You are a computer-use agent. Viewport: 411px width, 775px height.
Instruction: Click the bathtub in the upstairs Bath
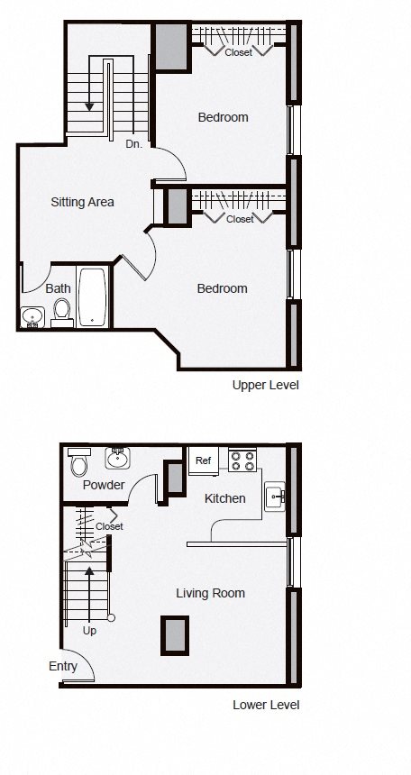pyautogui.click(x=93, y=297)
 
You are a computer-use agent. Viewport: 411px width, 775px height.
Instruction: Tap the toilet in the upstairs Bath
pyautogui.click(x=62, y=314)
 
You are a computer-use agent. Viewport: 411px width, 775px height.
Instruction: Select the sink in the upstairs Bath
pyautogui.click(x=32, y=317)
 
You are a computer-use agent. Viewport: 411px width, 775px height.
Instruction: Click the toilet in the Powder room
pyautogui.click(x=79, y=461)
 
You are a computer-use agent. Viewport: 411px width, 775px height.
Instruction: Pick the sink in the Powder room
pyautogui.click(x=118, y=458)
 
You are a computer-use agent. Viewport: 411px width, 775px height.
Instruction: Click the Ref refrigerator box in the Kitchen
pyautogui.click(x=204, y=461)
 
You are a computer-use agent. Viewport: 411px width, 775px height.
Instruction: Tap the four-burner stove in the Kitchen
pyautogui.click(x=242, y=460)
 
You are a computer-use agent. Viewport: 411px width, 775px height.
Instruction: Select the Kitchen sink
pyautogui.click(x=275, y=497)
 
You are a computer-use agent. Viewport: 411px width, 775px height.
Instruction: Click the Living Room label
pyautogui.click(x=211, y=593)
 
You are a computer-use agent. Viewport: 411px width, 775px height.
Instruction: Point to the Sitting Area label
pyautogui.click(x=83, y=202)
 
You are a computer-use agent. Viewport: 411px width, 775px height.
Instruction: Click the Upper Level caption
pyautogui.click(x=266, y=385)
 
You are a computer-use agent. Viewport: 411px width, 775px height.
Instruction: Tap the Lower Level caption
pyautogui.click(x=266, y=705)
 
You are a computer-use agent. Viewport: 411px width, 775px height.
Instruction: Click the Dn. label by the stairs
pyautogui.click(x=134, y=144)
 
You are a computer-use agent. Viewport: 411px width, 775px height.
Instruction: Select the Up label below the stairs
pyautogui.click(x=89, y=631)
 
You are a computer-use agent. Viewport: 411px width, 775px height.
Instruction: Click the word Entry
pyautogui.click(x=63, y=667)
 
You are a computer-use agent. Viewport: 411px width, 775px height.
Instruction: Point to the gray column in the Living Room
pyautogui.click(x=175, y=635)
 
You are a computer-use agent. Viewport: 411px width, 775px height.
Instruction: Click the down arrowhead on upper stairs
pyautogui.click(x=89, y=106)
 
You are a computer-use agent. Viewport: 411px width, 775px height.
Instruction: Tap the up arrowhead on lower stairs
pyautogui.click(x=89, y=571)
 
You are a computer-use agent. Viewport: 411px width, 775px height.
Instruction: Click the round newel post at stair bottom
pyautogui.click(x=111, y=618)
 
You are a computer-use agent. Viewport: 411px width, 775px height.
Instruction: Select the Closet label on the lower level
pyautogui.click(x=109, y=527)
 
